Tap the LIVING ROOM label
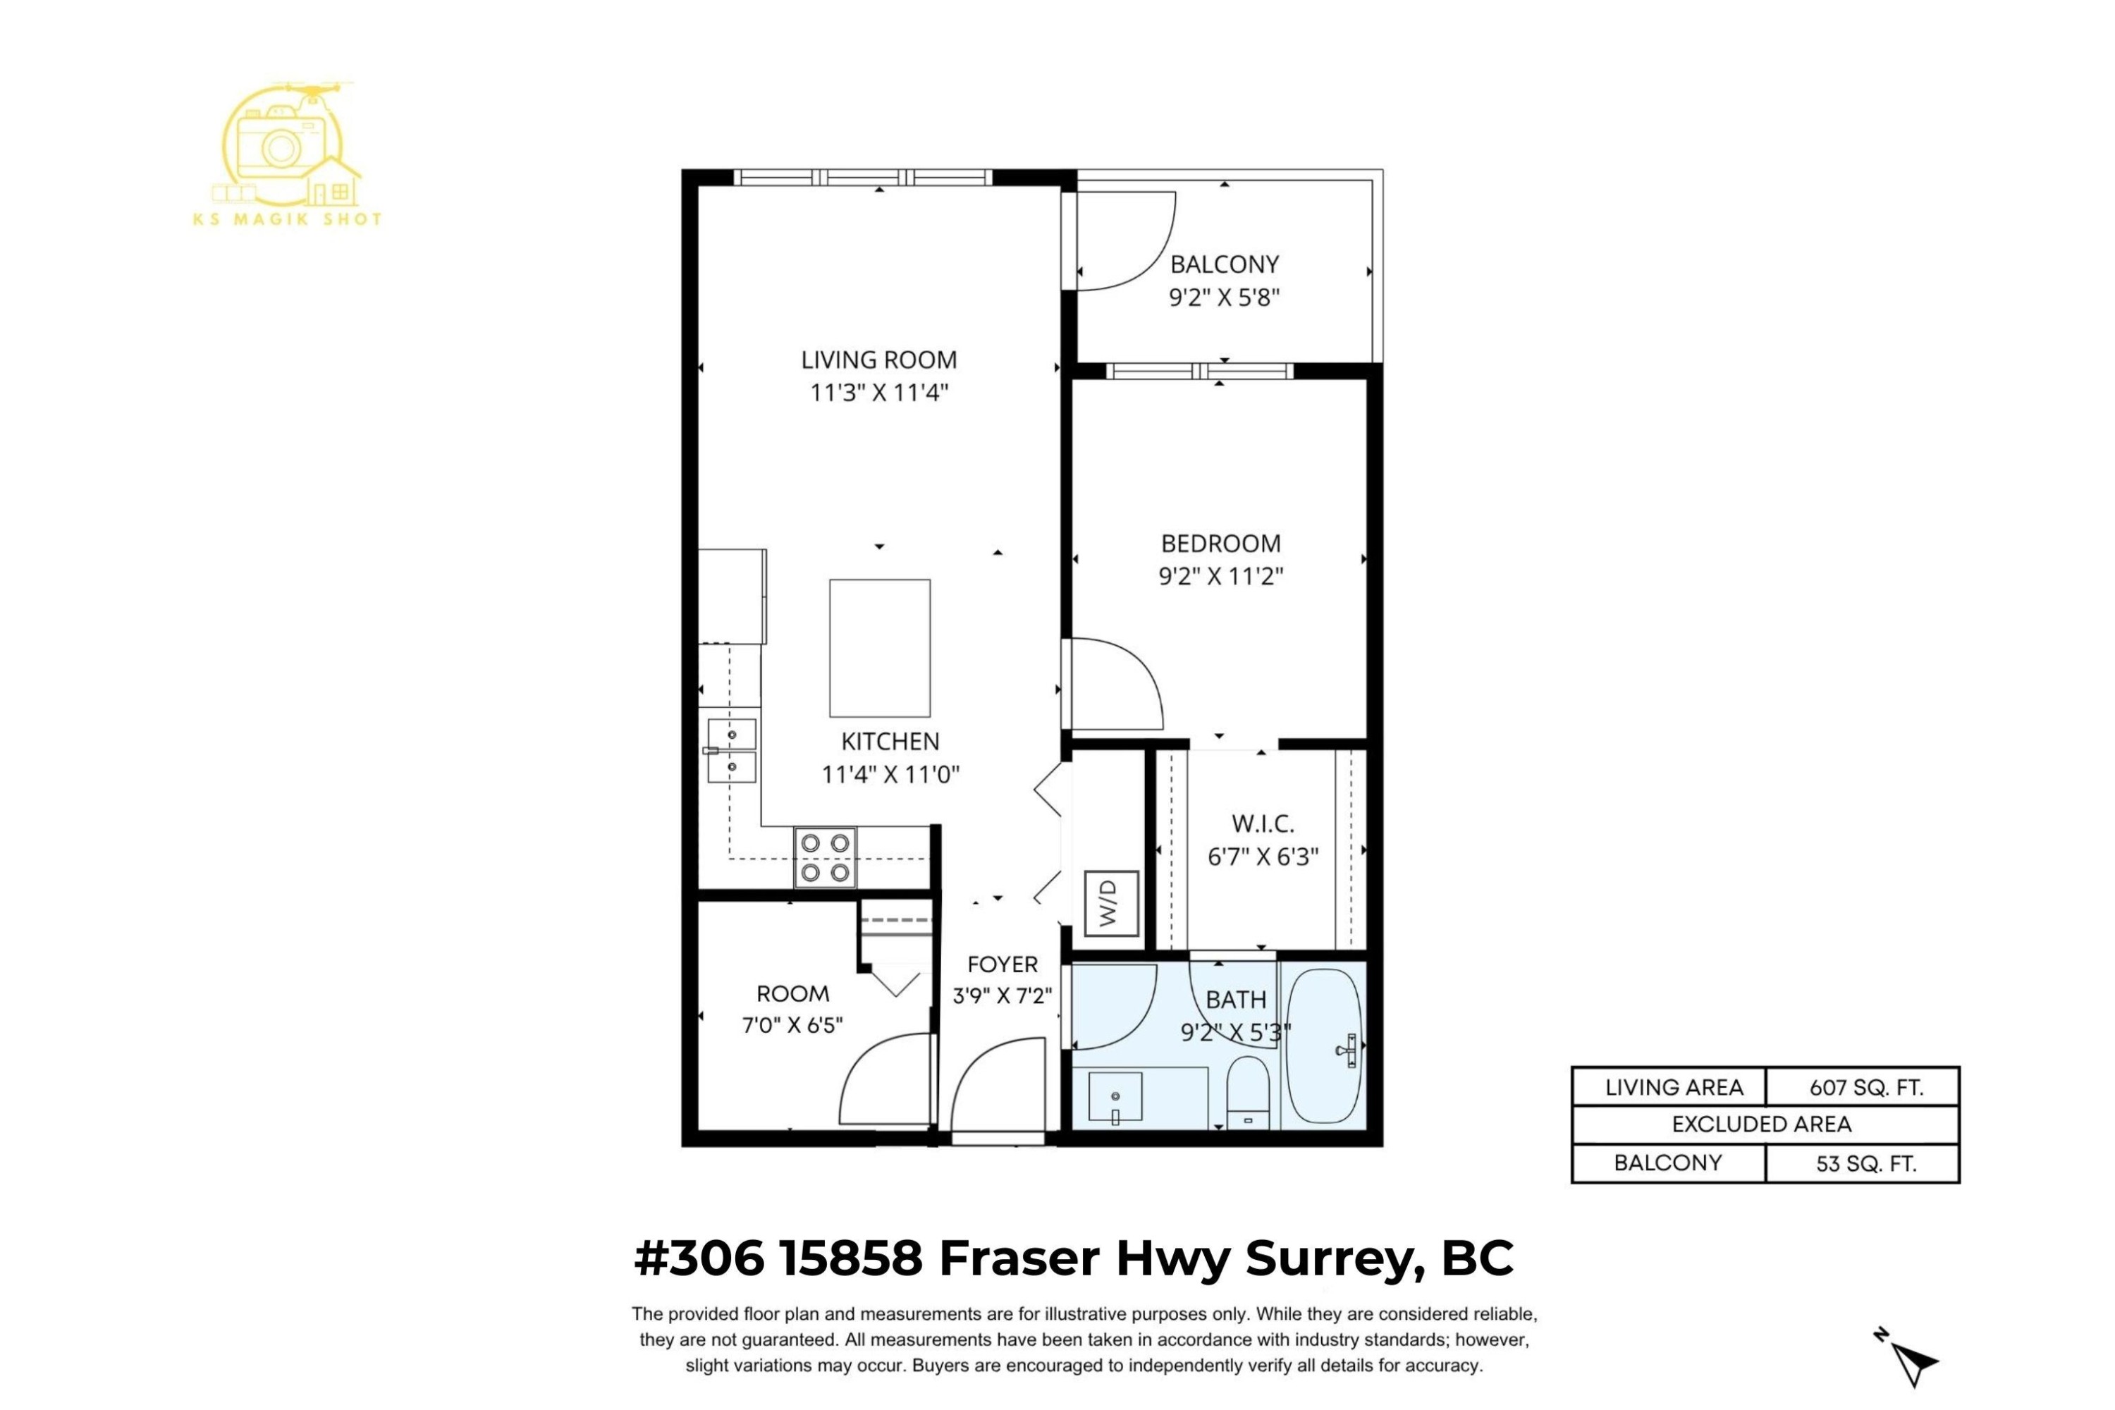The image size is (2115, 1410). point(878,360)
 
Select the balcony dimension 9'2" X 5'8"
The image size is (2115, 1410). point(1223,297)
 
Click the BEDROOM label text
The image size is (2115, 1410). point(1220,543)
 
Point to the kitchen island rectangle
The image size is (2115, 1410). point(879,647)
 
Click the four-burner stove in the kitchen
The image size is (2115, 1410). point(825,857)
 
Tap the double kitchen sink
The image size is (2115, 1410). point(731,750)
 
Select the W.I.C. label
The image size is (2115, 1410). point(1263,823)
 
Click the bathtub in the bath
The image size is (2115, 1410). point(1325,1046)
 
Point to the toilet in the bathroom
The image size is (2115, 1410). point(1247,1091)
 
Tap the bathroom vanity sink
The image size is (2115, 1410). point(1115,1097)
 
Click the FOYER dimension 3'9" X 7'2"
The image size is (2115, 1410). point(1002,996)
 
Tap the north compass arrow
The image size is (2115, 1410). point(1913,1363)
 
